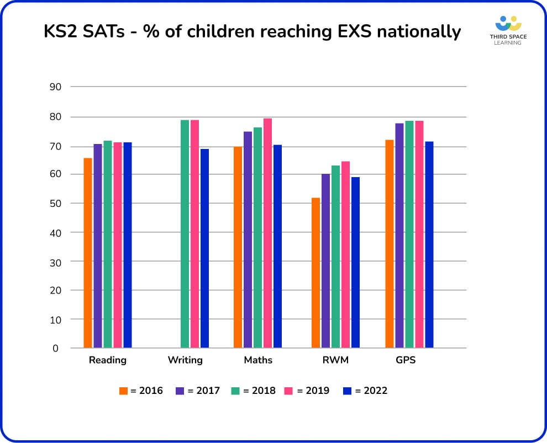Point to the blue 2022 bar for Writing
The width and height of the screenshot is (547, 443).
click(204, 248)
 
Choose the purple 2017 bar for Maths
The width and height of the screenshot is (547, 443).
click(248, 239)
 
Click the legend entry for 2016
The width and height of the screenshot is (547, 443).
click(141, 391)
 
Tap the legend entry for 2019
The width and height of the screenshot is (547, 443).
click(307, 391)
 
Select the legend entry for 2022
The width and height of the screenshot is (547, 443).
click(365, 391)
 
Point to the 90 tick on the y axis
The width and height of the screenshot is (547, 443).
click(55, 87)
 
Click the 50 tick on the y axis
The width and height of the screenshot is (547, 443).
click(55, 203)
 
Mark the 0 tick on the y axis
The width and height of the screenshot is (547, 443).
click(56, 348)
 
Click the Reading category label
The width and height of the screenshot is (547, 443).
click(108, 360)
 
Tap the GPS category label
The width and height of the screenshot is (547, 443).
click(406, 360)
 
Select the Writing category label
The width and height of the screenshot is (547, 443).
click(185, 360)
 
